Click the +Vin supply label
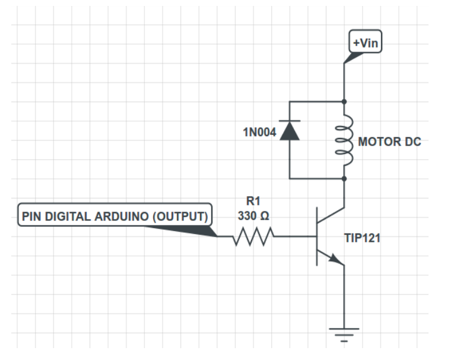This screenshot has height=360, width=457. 364,43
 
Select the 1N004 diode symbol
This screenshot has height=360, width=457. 290,130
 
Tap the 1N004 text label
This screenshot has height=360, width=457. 259,132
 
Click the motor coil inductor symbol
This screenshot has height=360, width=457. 344,141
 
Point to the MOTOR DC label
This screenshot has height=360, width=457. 389,143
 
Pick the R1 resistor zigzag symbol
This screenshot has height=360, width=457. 254,236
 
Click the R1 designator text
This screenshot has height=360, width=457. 253,201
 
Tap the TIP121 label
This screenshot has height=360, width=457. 361,238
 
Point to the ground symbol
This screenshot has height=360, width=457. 344,333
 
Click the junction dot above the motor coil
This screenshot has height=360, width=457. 344,102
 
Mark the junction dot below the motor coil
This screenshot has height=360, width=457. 344,178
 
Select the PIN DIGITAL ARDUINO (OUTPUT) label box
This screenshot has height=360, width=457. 115,216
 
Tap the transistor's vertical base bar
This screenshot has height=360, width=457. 318,236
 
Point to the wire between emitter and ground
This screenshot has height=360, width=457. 344,297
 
